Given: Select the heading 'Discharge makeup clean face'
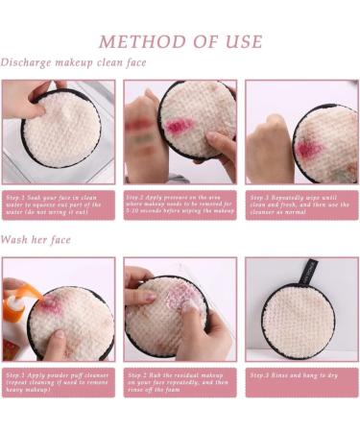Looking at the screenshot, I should (x=74, y=63).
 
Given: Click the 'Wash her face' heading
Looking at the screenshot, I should (x=39, y=239).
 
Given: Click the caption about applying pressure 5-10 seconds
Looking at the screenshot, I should (x=180, y=204).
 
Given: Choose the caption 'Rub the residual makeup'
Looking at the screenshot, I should (x=180, y=379).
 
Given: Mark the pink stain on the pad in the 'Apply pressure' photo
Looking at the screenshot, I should (x=180, y=126).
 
